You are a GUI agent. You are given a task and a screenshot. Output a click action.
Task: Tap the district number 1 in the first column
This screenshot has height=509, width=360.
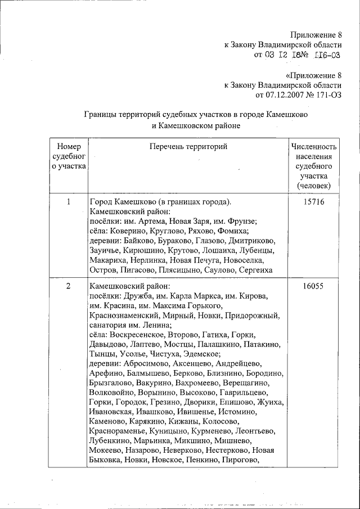68,201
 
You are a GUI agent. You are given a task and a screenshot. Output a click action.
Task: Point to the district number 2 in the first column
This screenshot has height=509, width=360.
68,286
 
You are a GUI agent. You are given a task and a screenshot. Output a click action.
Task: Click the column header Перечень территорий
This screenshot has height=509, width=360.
188,147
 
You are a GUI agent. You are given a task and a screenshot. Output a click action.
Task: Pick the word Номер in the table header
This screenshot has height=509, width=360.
69,147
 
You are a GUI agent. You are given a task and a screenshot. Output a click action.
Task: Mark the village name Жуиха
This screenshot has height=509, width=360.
271,403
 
